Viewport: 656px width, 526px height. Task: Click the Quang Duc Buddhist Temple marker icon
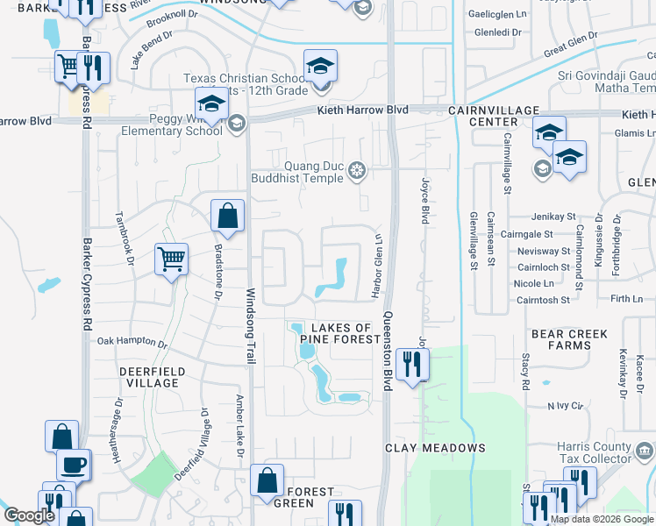356,169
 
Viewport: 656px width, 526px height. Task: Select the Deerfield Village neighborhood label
152,377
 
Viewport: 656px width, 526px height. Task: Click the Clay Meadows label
435,448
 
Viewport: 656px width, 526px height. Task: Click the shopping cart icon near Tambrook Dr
171,259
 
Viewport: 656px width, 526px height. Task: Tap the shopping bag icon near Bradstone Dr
227,215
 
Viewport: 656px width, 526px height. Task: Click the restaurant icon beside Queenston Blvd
411,363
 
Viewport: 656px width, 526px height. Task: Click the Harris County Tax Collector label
595,452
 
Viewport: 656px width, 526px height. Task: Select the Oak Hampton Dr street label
131,340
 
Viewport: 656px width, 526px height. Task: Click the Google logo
29,516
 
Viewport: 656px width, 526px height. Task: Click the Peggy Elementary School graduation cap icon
211,105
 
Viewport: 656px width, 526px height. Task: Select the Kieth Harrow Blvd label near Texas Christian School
361,110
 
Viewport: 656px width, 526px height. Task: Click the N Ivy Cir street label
565,405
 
